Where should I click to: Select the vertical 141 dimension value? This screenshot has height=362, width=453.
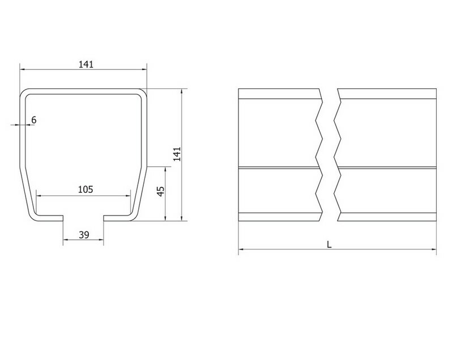pos(177,154)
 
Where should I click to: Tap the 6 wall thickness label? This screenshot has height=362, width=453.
pos(34,120)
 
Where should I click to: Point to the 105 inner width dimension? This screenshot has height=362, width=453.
pos(86,189)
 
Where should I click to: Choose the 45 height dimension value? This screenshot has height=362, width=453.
pos(161,191)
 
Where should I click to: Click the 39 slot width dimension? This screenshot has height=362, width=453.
pos(84,235)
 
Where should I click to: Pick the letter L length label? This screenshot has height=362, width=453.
pos(329,245)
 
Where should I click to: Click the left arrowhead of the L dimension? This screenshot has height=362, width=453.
pos(241,249)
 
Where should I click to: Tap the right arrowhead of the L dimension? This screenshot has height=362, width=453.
pos(434,249)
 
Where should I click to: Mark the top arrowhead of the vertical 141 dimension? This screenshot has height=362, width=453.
pos(181,91)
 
